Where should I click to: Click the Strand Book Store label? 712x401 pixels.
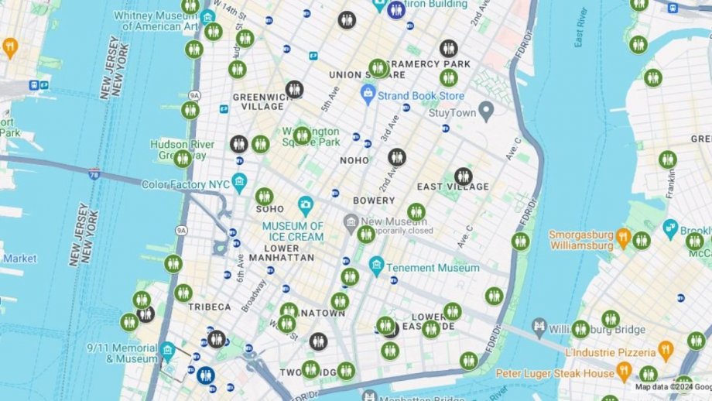click(x=422, y=96)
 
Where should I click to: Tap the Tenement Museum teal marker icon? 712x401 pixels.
click(x=377, y=268)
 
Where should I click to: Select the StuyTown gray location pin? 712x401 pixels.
click(x=486, y=111)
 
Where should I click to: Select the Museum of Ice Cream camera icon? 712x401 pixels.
click(x=306, y=207)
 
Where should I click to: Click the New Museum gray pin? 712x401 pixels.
click(x=351, y=221)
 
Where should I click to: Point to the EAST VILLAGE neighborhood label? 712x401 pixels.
click(x=453, y=187)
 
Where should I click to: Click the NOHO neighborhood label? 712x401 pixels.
click(x=354, y=160)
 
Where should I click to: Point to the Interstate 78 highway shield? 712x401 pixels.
click(x=94, y=173)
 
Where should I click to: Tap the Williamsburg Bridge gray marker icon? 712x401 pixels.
click(x=539, y=327)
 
